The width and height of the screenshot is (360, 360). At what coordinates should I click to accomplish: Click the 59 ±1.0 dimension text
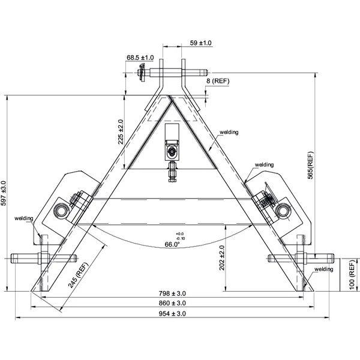pyautogui.click(x=200, y=43)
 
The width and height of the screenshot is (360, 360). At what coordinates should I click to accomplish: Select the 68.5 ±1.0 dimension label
pyautogui.click(x=140, y=58)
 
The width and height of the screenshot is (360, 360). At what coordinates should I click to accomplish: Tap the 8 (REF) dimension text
pyautogui.click(x=218, y=81)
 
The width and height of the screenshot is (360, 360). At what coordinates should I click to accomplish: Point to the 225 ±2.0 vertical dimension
pyautogui.click(x=121, y=132)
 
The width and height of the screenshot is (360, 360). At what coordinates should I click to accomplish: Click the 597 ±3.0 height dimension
pyautogui.click(x=4, y=193)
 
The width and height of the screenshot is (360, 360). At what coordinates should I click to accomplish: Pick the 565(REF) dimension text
pyautogui.click(x=310, y=166)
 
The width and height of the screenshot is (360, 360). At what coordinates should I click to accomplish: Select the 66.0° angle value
pyautogui.click(x=172, y=245)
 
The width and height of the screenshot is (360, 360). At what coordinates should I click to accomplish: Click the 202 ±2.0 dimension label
pyautogui.click(x=222, y=258)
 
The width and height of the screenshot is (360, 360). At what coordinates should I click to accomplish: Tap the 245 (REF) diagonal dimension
pyautogui.click(x=78, y=275)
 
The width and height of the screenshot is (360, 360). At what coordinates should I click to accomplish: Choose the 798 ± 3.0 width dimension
pyautogui.click(x=172, y=293)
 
